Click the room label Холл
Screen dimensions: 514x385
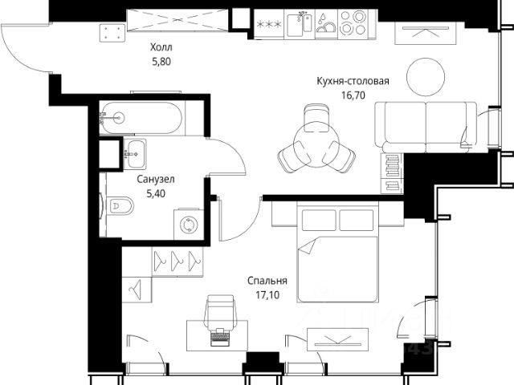pos(161,47)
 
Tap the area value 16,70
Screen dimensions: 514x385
pos(353,95)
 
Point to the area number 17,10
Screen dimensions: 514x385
pos(267,295)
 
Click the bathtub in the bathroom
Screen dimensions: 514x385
pos(141,118)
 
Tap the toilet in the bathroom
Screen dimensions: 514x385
pos(120,205)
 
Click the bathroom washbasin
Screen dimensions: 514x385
pos(135,153)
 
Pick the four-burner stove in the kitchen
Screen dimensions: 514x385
pos(353,24)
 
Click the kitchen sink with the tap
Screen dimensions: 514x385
pos(300,24)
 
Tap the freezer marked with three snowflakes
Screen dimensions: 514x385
pos(269,24)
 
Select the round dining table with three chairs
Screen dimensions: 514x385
pos(316,141)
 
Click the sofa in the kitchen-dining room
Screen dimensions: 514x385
pos(426,127)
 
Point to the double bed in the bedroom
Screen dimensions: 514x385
pos(337,252)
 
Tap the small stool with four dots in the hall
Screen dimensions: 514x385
pos(112,33)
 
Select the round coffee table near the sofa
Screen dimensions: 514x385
pos(426,77)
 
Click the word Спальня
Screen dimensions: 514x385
pos(267,281)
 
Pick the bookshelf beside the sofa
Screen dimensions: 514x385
pos(392,173)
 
